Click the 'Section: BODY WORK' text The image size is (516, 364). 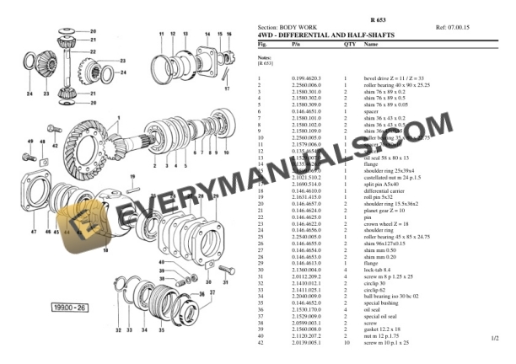point(289,27)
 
